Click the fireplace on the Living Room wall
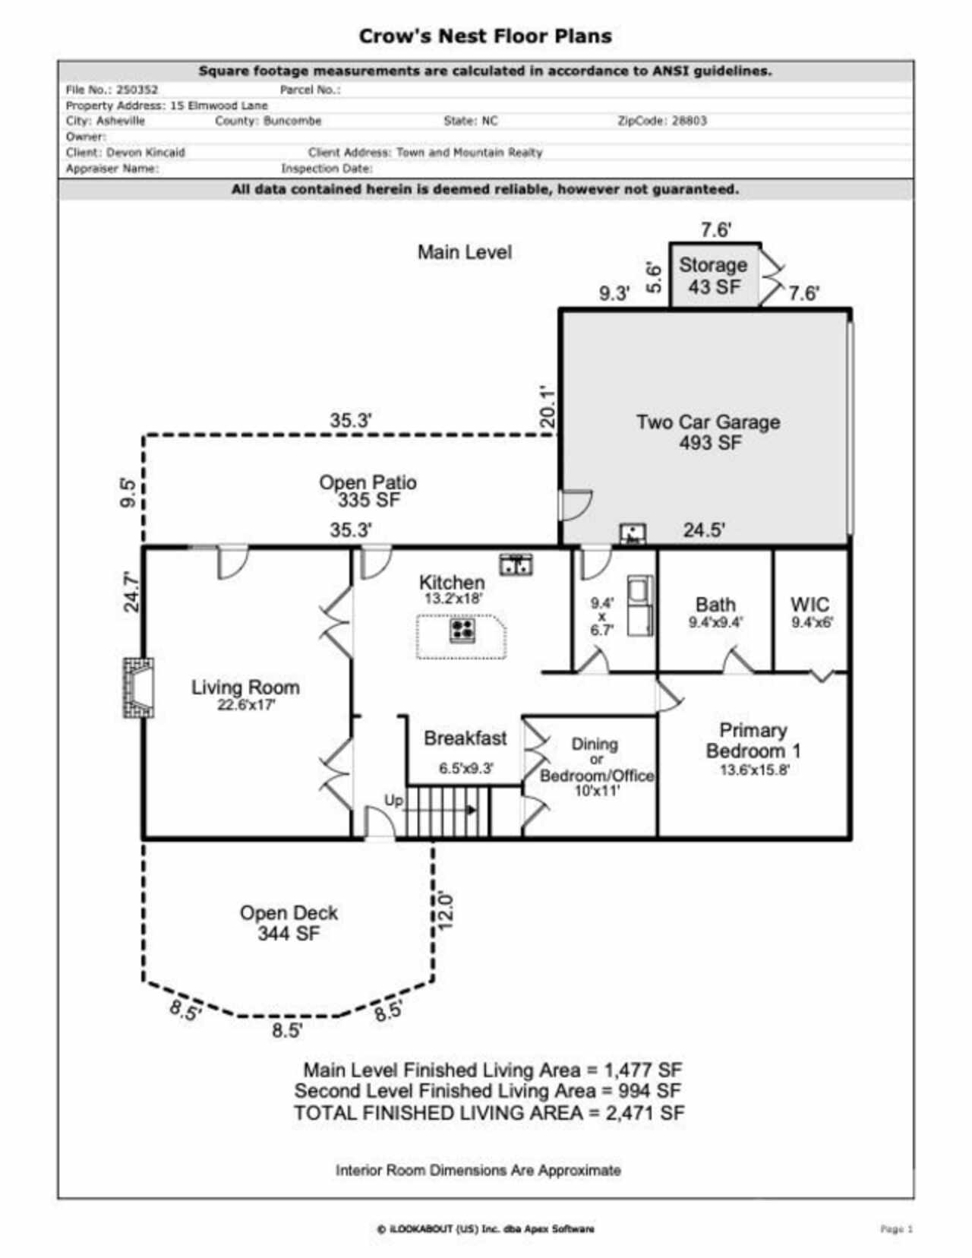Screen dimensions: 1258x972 click(x=139, y=687)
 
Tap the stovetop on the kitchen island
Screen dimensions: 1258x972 click(x=462, y=629)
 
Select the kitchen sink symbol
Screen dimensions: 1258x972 click(x=516, y=564)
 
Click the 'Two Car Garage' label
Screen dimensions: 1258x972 click(x=708, y=422)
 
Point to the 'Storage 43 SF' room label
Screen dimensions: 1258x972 click(x=712, y=275)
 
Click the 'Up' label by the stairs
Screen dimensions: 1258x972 click(x=393, y=801)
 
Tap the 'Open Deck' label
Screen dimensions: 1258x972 click(x=289, y=913)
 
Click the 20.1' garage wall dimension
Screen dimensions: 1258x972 click(x=547, y=408)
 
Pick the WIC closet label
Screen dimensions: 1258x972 click(x=810, y=605)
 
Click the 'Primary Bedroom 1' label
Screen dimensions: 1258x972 click(x=753, y=741)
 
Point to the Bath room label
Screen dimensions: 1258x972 click(x=715, y=605)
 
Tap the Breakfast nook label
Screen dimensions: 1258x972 click(x=465, y=738)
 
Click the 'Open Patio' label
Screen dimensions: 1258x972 click(x=368, y=482)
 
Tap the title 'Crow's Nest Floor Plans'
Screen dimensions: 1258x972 click(x=485, y=36)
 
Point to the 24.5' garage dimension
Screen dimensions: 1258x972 click(x=703, y=530)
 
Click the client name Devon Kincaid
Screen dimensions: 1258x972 click(x=145, y=153)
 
